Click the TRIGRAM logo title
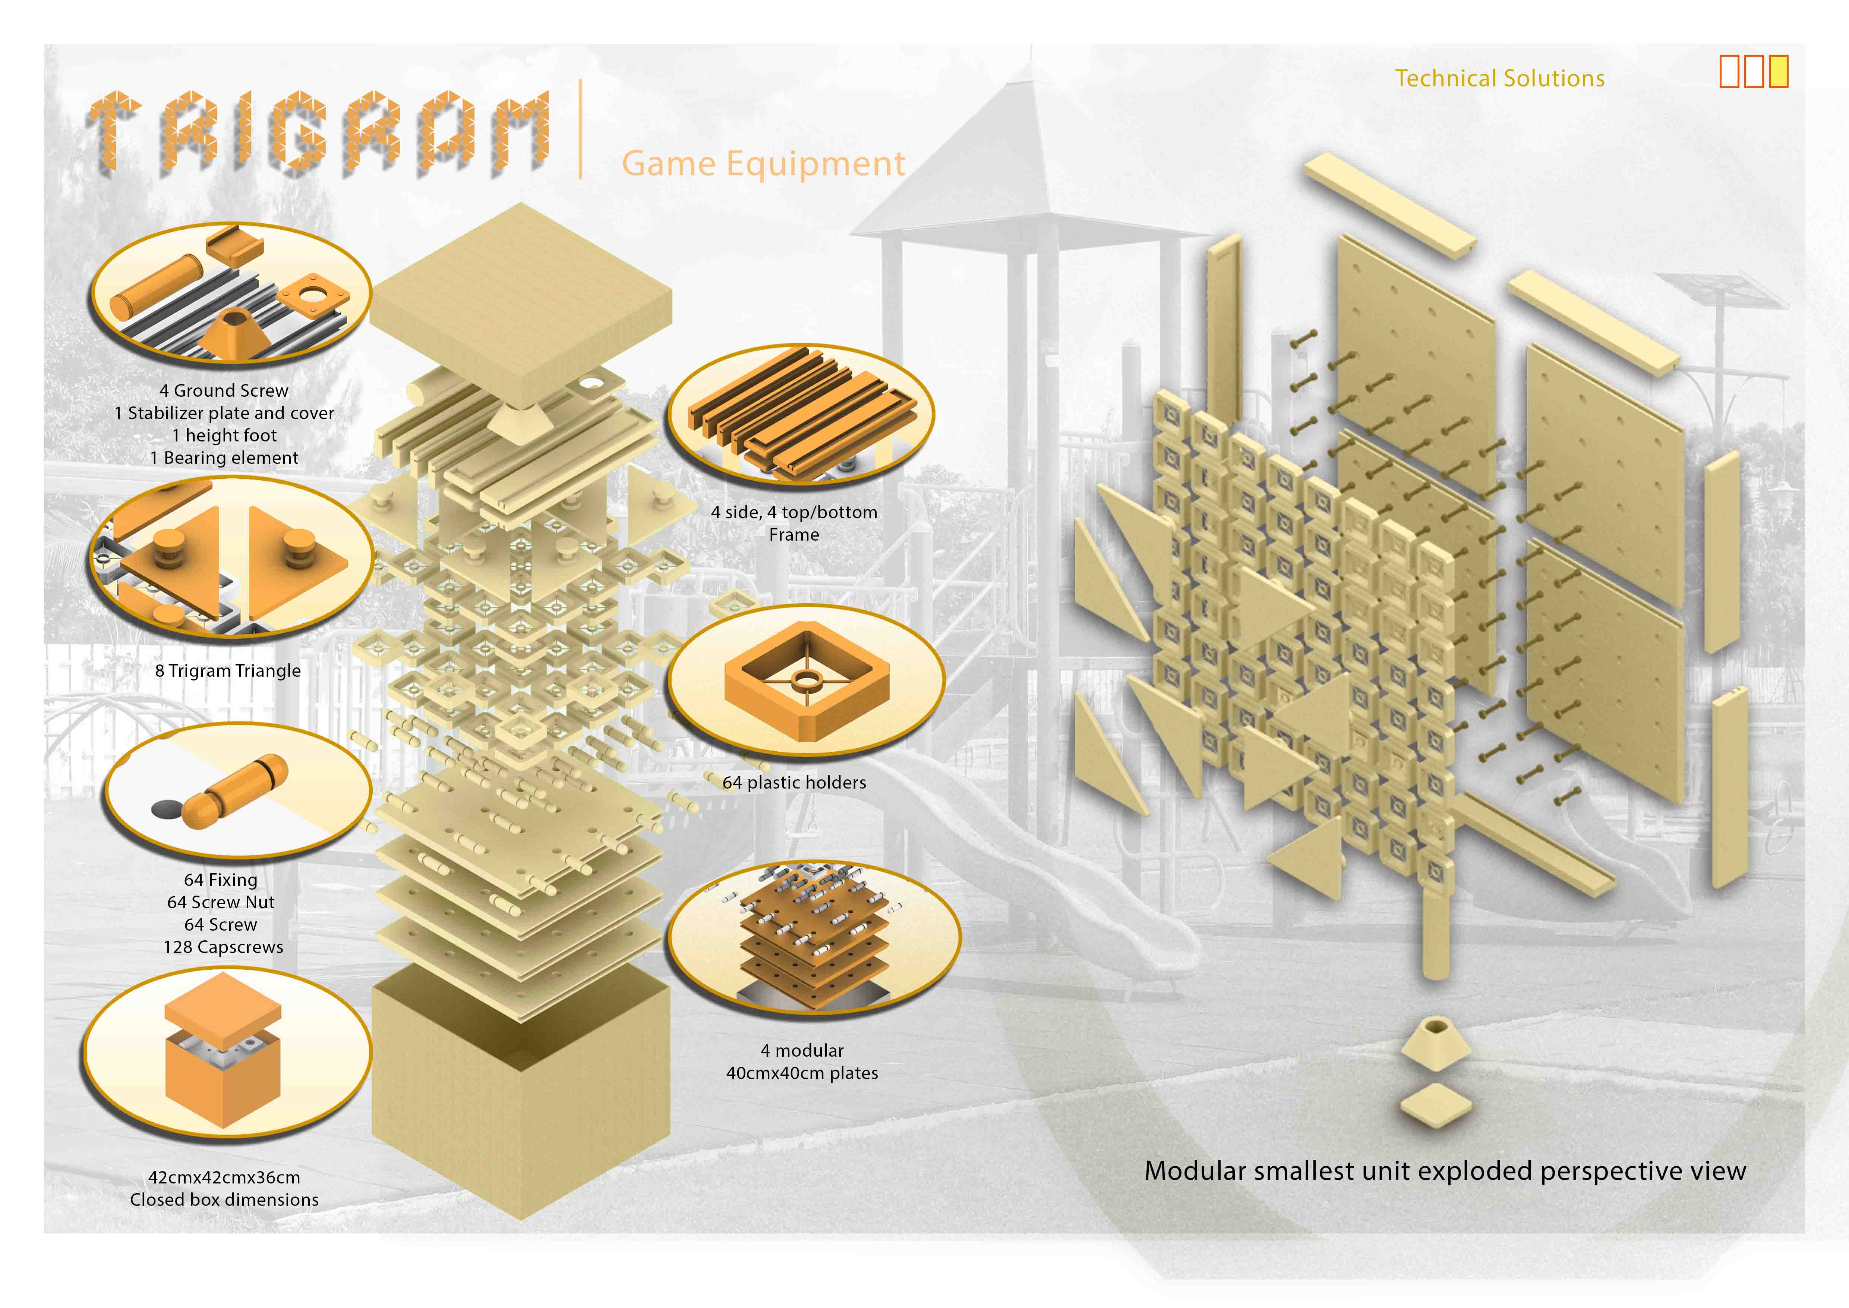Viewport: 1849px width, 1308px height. pyautogui.click(x=318, y=133)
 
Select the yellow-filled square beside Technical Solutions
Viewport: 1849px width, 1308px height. pyautogui.click(x=1779, y=72)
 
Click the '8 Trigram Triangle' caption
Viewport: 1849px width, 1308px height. pyautogui.click(x=228, y=671)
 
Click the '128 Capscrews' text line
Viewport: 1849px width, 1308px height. pyautogui.click(x=223, y=947)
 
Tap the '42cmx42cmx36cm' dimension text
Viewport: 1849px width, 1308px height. pyautogui.click(x=224, y=1177)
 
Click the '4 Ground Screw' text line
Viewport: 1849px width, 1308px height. pyautogui.click(x=224, y=391)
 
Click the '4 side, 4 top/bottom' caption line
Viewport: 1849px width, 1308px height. pyautogui.click(x=794, y=512)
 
